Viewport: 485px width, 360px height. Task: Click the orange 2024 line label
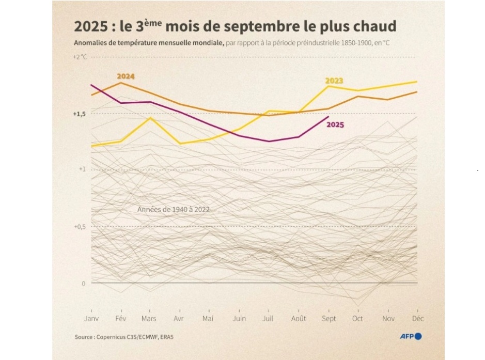coord(126,76)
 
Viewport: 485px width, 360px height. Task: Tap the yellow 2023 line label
coord(334,81)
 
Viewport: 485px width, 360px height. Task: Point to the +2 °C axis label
coord(80,57)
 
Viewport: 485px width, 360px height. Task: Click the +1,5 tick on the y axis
coord(80,114)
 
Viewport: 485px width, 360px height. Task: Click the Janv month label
coord(91,319)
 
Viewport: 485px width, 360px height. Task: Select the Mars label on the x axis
coord(149,319)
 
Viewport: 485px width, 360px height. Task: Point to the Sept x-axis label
coord(328,319)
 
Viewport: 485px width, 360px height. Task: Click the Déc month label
coord(417,319)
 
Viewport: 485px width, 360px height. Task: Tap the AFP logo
coord(411,337)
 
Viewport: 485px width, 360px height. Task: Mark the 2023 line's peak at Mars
coord(150,118)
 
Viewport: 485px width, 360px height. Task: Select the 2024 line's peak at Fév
coord(120,83)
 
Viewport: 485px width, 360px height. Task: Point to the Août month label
coord(299,319)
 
